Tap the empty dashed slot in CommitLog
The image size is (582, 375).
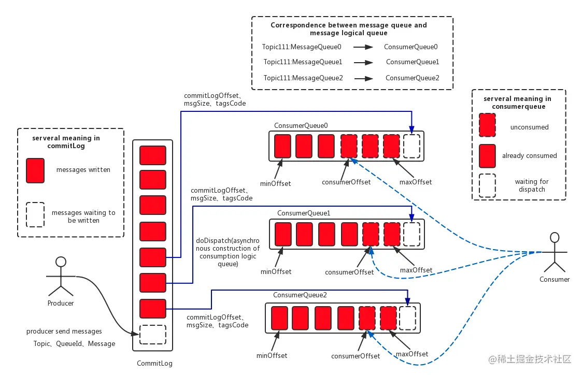click(x=153, y=335)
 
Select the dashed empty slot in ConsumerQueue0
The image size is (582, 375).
click(x=412, y=146)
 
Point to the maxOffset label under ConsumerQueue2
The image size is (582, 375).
click(x=411, y=354)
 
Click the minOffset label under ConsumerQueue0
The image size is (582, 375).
click(x=275, y=183)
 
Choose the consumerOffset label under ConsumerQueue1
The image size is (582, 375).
click(x=349, y=272)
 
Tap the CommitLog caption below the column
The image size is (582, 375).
click(x=154, y=364)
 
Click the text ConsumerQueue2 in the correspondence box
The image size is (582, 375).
click(x=413, y=78)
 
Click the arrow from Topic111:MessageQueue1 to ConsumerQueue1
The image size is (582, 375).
click(x=365, y=63)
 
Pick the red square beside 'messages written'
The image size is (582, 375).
click(x=35, y=170)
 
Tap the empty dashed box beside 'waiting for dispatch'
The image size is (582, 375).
click(x=487, y=185)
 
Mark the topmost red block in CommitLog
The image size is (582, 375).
click(x=153, y=155)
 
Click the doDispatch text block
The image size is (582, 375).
click(x=228, y=252)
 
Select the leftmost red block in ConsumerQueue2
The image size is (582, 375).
click(x=279, y=318)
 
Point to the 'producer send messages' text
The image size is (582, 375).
click(x=64, y=331)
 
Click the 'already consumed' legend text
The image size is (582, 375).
click(x=529, y=156)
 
